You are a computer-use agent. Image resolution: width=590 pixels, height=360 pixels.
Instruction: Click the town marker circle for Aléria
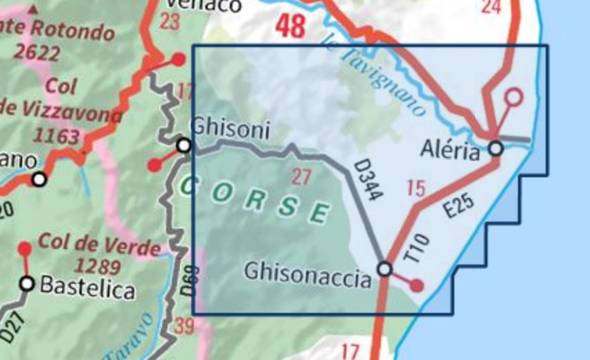point(495,147)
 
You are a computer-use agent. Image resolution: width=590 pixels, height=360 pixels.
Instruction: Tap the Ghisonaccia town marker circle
point(384,269)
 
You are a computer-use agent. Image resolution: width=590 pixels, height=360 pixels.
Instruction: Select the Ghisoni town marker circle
point(184,145)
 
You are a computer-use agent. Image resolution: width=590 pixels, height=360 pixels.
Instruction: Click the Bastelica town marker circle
point(27,283)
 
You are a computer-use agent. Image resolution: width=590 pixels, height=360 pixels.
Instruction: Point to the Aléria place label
point(451,150)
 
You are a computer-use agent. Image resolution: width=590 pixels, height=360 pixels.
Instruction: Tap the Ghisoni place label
point(229,128)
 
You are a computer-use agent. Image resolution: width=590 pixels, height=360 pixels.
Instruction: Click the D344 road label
point(368,181)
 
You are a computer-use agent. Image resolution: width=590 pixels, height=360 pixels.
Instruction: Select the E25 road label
point(458,206)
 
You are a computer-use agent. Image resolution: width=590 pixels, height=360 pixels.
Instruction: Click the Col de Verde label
point(100,244)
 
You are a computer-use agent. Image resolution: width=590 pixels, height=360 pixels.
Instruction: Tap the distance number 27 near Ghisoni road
point(301,177)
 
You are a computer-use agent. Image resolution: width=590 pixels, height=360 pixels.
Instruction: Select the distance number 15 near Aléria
point(415,187)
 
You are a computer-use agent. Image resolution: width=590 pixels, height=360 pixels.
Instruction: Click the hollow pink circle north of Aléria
point(513,97)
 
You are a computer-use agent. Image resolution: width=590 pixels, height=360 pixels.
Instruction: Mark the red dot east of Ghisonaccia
point(416,285)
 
